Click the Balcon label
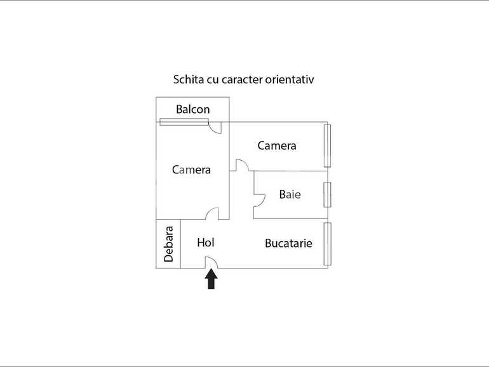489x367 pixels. click(x=192, y=109)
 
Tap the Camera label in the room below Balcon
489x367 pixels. click(x=191, y=170)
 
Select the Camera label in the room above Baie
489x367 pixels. click(x=276, y=145)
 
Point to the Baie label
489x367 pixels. click(x=290, y=194)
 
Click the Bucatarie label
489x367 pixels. click(x=288, y=243)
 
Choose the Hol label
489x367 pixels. click(x=206, y=242)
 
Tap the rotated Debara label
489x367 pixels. click(x=169, y=244)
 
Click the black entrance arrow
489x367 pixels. click(x=211, y=279)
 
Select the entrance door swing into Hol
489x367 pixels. click(x=211, y=262)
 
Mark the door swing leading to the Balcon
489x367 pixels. click(x=216, y=128)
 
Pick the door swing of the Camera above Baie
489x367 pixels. click(x=242, y=165)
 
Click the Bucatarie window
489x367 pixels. click(x=327, y=244)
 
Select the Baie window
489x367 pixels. click(x=327, y=194)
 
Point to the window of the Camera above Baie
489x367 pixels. click(x=327, y=145)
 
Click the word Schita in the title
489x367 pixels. click(x=189, y=80)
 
